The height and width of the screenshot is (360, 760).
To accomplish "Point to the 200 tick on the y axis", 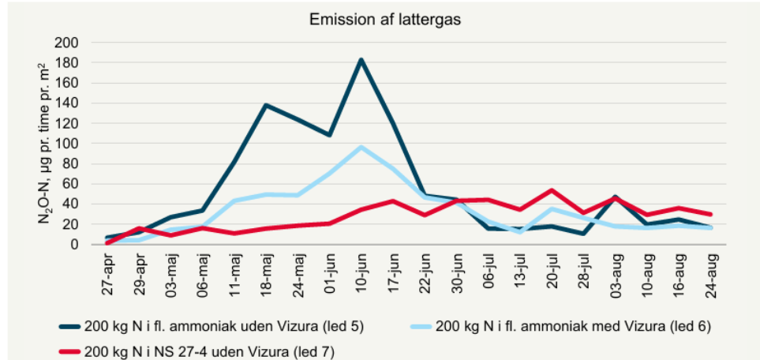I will tap(80, 43).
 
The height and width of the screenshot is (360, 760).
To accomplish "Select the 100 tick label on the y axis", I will tap(80, 144).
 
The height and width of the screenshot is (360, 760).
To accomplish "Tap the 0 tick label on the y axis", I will tap(87, 245).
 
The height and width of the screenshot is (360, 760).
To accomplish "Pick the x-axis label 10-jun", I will tap(361, 274).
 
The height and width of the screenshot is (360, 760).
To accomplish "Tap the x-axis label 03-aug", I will tap(616, 274).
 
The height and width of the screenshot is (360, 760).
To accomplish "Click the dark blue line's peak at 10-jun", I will tap(361, 59).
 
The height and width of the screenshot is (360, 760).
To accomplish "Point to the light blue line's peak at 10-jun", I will tap(361, 147).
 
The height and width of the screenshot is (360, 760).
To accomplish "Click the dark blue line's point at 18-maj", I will tap(266, 105).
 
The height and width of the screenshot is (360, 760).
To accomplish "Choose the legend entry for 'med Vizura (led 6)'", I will tap(573, 325).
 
